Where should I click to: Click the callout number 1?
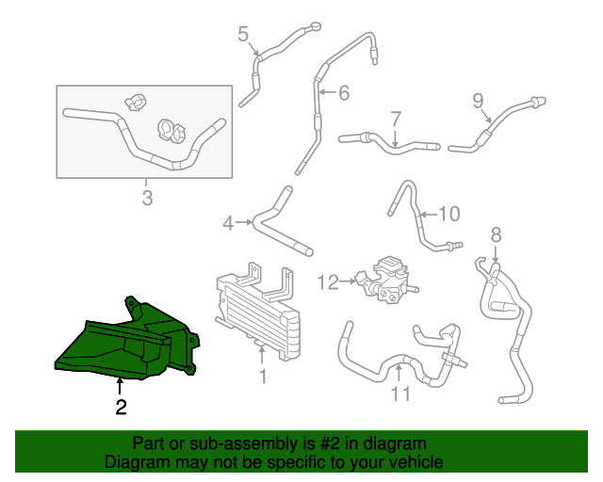coord(263,377)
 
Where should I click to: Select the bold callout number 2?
coord(120,408)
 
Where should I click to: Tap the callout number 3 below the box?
coord(147,198)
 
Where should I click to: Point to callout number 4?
coord(228,223)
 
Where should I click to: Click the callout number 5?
coord(243,36)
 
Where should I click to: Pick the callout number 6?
coord(344,92)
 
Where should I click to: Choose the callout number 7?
coord(396,119)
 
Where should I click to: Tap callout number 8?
coord(496,234)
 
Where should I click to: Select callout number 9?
coord(478,100)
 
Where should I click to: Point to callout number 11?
coord(401,394)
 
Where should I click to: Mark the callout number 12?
coord(327,281)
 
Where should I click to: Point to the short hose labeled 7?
coord(391,143)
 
